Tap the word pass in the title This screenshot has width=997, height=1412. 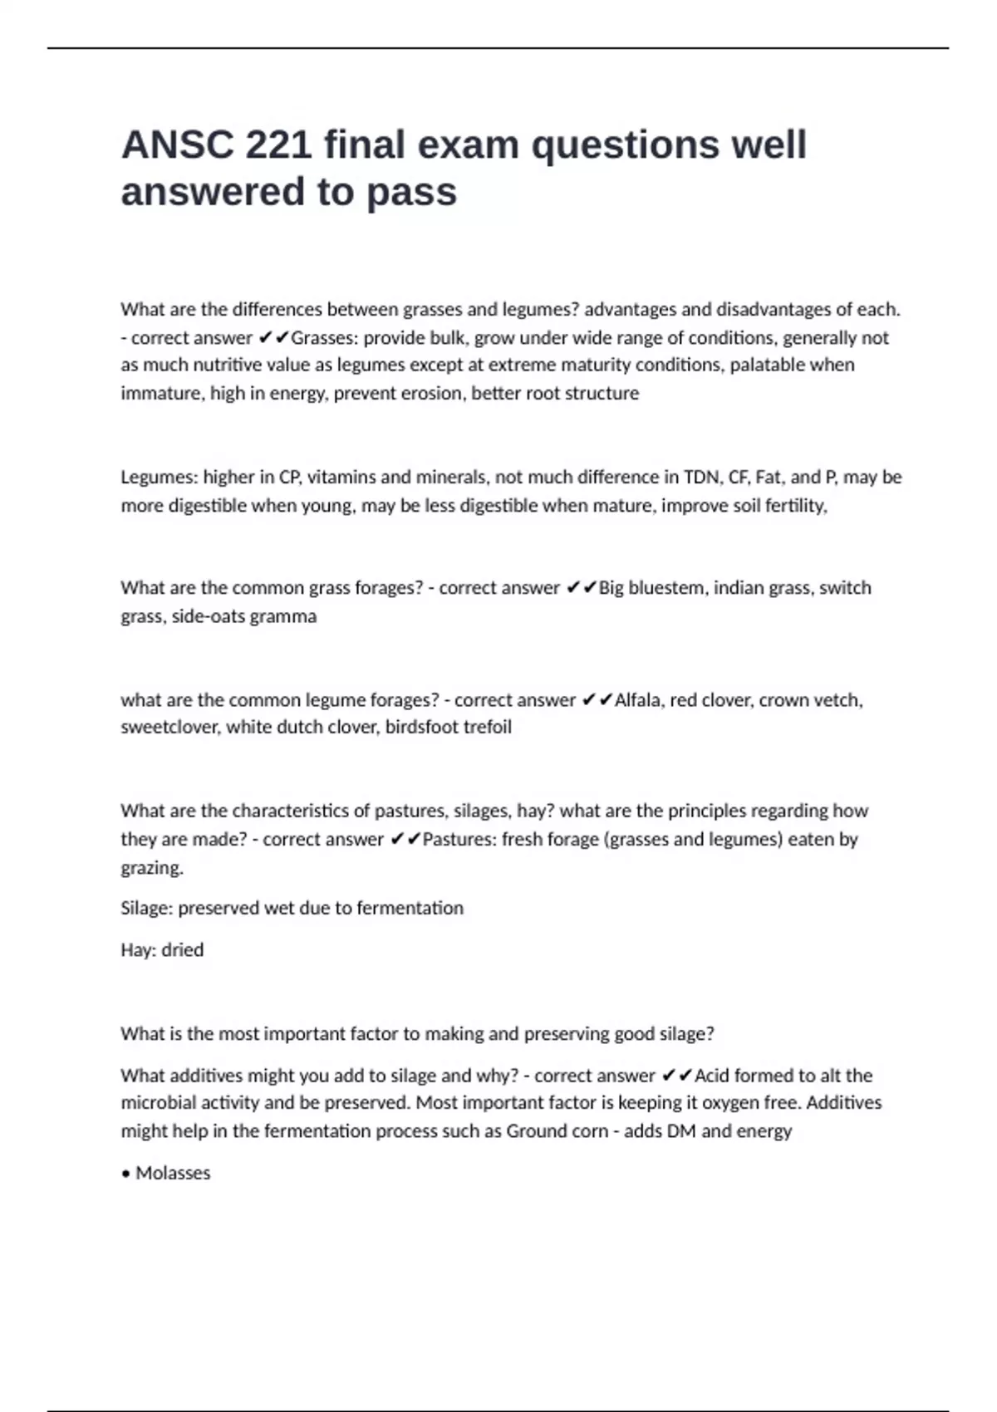(x=412, y=192)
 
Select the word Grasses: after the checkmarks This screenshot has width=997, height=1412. (x=325, y=338)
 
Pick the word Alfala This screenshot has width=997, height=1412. (x=639, y=700)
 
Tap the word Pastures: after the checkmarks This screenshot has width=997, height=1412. (x=459, y=840)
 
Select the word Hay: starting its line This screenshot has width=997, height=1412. (x=138, y=950)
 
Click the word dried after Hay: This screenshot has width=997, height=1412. (x=182, y=950)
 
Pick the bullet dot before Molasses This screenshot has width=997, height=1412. (x=125, y=1174)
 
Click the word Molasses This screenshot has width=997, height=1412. (x=173, y=1174)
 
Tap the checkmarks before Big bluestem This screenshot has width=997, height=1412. (x=581, y=588)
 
